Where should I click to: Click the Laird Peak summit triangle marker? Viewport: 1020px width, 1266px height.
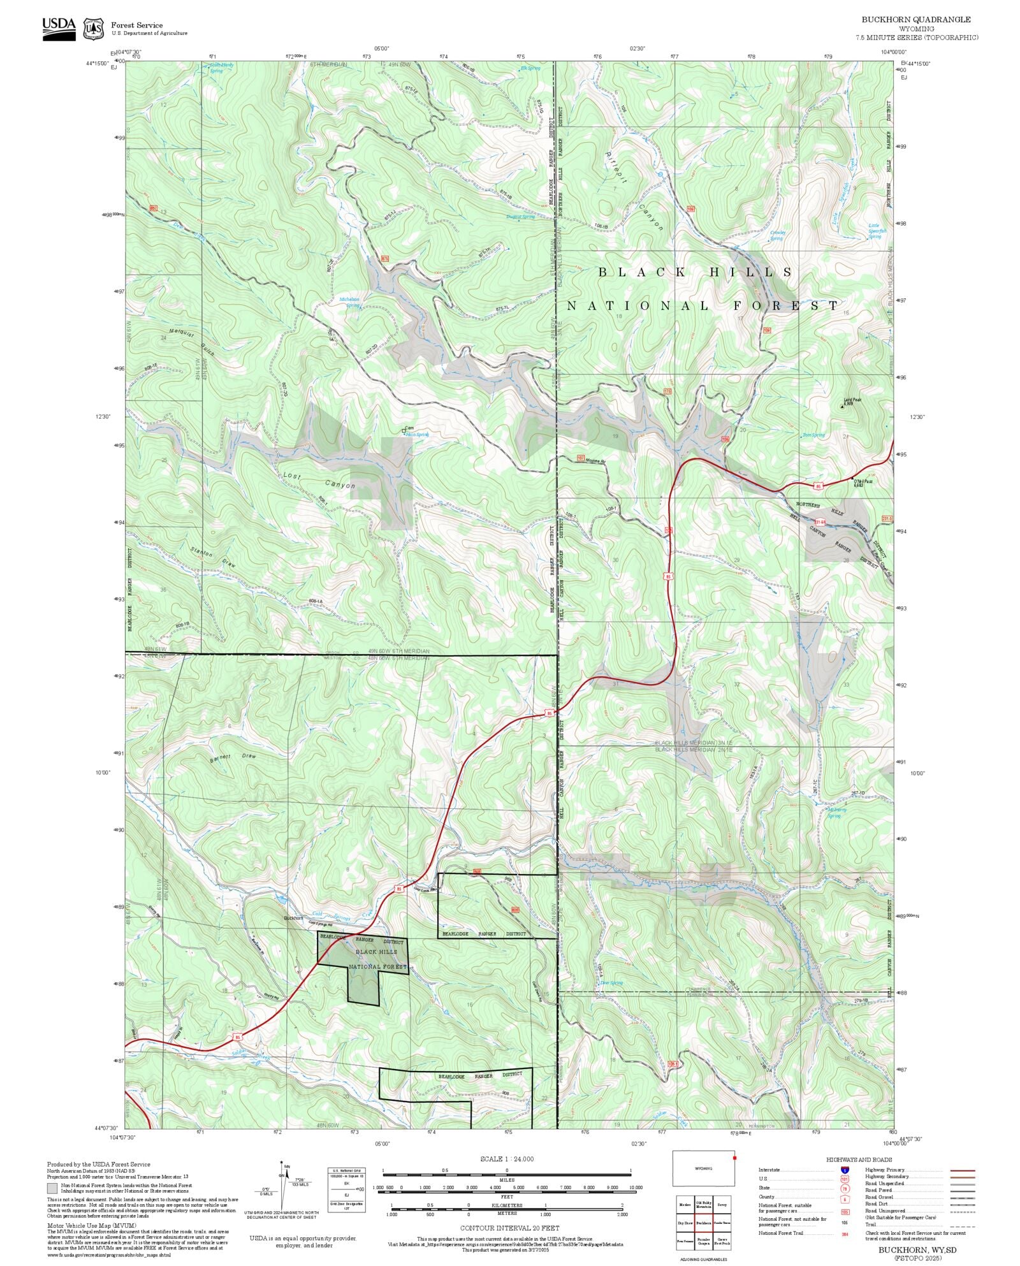click(842, 406)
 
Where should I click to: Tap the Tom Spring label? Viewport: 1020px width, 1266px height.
click(814, 435)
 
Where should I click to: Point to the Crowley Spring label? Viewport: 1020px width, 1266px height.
click(777, 235)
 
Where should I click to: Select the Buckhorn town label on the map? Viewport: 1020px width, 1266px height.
click(293, 918)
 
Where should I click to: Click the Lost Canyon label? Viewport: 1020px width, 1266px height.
click(319, 481)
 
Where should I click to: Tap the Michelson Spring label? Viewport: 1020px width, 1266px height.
click(349, 302)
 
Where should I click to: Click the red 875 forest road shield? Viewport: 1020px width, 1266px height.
click(384, 259)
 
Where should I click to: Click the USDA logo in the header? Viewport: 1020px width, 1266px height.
click(59, 28)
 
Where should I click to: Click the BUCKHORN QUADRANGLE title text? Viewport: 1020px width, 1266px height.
click(916, 20)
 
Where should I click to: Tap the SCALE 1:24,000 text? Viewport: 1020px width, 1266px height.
click(507, 1159)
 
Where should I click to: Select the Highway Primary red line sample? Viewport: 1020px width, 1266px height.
click(963, 1170)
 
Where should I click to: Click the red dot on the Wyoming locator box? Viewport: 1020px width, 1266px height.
click(734, 1158)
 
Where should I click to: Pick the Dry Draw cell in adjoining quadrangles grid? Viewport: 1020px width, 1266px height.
click(685, 1223)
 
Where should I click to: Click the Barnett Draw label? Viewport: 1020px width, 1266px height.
click(233, 758)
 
